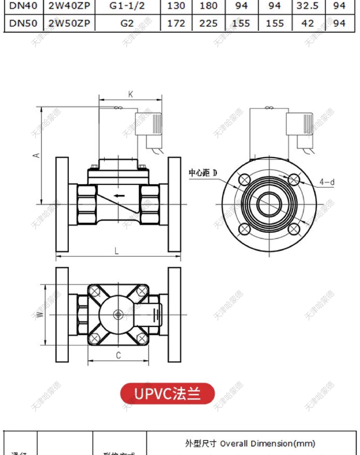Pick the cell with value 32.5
[308, 6]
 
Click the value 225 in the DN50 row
[208, 23]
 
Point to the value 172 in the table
[176, 23]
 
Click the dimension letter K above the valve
[130, 94]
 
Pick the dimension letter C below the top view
[118, 356]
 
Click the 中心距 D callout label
[203, 173]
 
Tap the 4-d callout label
[326, 182]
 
